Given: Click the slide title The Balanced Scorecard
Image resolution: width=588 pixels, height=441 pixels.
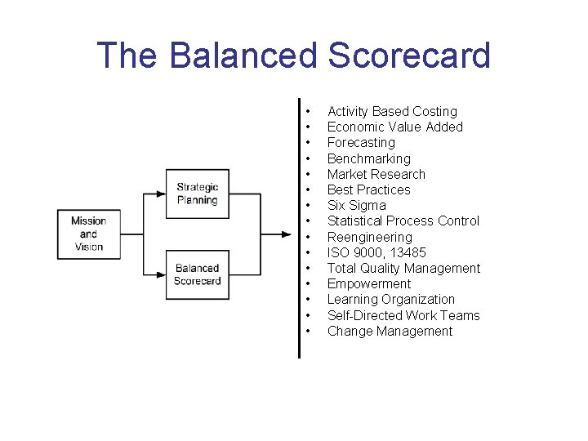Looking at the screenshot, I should pyautogui.click(x=293, y=56).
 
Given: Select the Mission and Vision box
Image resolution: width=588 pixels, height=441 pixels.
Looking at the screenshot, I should pyautogui.click(x=88, y=234).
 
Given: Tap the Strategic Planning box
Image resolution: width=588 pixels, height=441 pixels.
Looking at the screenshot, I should pyautogui.click(x=197, y=194).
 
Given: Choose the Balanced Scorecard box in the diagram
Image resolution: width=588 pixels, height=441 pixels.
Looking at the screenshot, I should pyautogui.click(x=197, y=274).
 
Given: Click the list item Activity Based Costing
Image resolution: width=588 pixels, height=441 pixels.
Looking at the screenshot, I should pyautogui.click(x=392, y=111).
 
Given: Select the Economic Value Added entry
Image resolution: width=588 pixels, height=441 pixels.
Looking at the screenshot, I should pyautogui.click(x=394, y=127).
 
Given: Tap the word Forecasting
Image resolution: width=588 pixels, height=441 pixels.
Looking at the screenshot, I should pyautogui.click(x=361, y=142).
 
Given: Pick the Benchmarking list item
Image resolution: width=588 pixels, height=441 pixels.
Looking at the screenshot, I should pyautogui.click(x=368, y=158).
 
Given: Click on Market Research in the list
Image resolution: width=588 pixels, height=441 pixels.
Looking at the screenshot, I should pyautogui.click(x=376, y=174).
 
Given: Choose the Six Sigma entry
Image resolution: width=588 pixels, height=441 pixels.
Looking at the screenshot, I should pyautogui.click(x=356, y=205).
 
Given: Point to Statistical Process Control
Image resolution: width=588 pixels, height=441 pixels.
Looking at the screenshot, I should pyautogui.click(x=403, y=220).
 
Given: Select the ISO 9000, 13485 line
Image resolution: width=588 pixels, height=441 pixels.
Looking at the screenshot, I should pyautogui.click(x=376, y=252).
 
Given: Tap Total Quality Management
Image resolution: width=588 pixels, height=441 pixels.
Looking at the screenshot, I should pyautogui.click(x=403, y=268).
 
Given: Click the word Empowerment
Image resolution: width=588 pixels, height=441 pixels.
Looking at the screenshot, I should pyautogui.click(x=368, y=283).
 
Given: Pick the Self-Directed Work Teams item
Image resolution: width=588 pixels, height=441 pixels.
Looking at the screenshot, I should pyautogui.click(x=403, y=315).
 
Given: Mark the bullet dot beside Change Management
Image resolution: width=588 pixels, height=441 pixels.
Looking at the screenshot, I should pyautogui.click(x=308, y=331).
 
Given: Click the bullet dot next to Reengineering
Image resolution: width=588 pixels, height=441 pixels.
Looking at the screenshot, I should pyautogui.click(x=308, y=237).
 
